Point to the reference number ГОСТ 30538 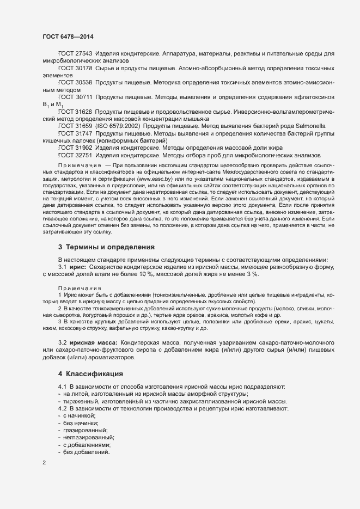[75, 82]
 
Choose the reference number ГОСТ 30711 [75, 97]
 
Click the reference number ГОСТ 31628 [75, 112]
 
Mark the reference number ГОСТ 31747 [75, 133]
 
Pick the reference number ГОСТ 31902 [75, 148]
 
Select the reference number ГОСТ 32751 [75, 155]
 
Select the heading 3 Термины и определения [99, 247]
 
